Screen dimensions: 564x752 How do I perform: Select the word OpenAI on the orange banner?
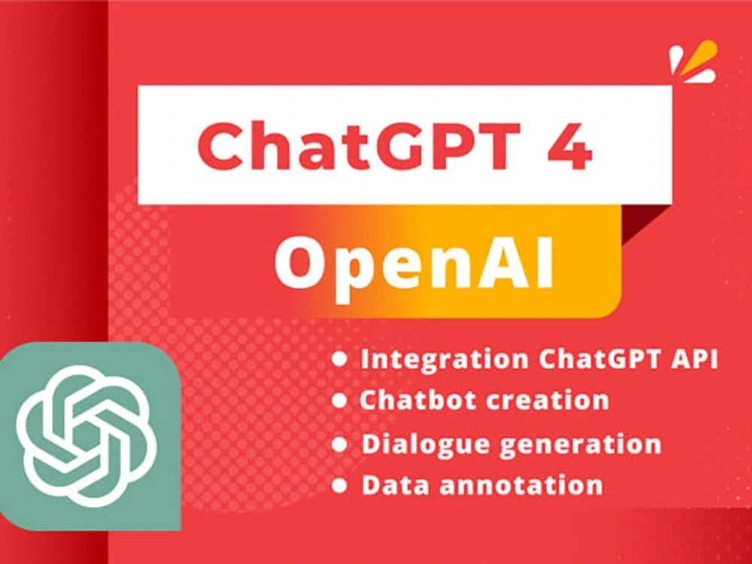(x=414, y=265)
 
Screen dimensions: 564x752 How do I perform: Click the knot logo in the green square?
(x=88, y=436)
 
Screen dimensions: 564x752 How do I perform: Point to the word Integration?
(x=444, y=359)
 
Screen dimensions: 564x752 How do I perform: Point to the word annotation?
(x=521, y=484)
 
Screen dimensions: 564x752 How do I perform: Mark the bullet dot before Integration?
(x=340, y=359)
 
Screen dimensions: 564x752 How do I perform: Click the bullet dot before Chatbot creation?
(x=340, y=399)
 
